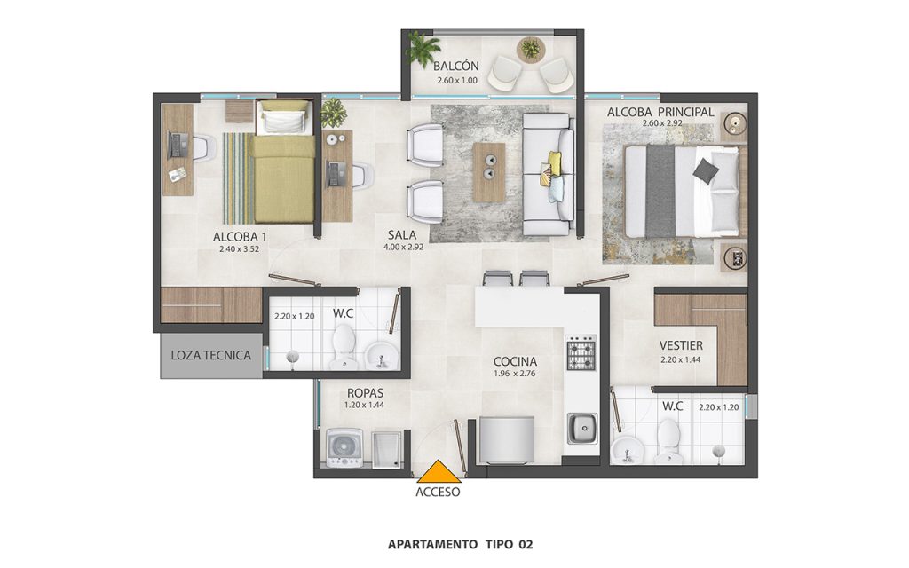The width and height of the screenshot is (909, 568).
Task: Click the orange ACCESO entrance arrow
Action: [x=439, y=472]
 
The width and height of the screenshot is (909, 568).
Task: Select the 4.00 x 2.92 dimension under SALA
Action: [x=404, y=247]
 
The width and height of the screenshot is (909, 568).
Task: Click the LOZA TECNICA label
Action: [x=211, y=355]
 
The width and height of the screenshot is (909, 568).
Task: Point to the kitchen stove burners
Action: [x=581, y=352]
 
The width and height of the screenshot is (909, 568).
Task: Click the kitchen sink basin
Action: [x=582, y=429]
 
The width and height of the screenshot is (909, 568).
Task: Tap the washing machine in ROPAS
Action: [x=345, y=448]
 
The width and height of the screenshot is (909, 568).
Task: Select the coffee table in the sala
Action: [x=489, y=172]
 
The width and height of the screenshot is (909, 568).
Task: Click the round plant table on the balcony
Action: [x=530, y=49]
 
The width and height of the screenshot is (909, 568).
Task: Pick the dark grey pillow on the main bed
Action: [x=706, y=170]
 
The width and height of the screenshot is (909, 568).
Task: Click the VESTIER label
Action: [x=681, y=345]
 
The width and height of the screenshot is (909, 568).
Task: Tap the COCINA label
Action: [x=515, y=362]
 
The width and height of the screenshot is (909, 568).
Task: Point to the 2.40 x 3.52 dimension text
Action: [x=239, y=249]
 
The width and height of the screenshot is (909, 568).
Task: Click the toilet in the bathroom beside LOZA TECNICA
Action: [x=344, y=346]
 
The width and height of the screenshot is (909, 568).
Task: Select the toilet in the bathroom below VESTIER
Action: [x=668, y=442]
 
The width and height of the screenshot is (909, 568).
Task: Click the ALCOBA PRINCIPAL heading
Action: [x=660, y=113]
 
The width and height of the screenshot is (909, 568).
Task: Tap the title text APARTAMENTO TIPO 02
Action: [x=461, y=545]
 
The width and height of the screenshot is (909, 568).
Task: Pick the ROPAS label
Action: [x=365, y=393]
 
